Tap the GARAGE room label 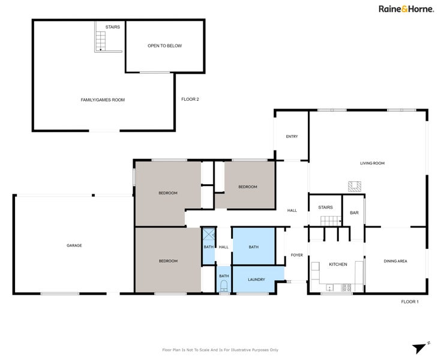(74, 245)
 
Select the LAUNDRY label (256, 279)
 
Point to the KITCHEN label (338, 265)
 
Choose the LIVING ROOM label (372, 163)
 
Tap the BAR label (354, 212)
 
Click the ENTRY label (292, 136)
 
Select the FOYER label (297, 255)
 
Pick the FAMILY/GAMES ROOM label (103, 100)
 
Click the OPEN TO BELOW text (164, 46)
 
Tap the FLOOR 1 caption (410, 302)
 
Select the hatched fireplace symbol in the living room (354, 187)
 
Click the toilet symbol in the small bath (224, 284)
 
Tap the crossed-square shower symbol (209, 235)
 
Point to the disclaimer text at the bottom (220, 350)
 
